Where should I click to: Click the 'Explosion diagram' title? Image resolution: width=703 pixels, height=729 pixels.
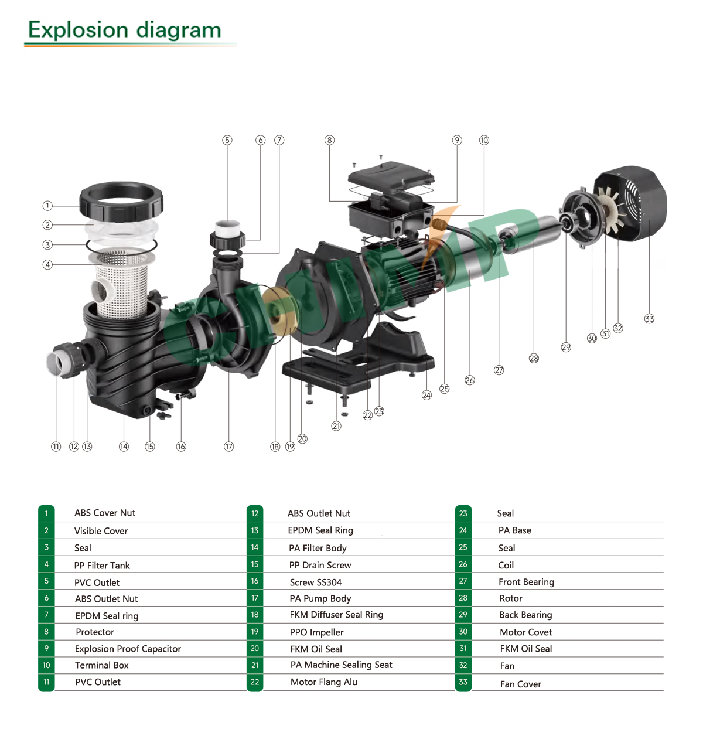(125, 30)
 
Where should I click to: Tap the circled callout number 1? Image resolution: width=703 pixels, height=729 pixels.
(47, 206)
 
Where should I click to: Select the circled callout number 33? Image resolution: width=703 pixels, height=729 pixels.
(649, 319)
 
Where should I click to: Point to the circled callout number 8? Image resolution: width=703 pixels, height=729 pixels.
(329, 140)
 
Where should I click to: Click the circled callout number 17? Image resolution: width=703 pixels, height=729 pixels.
(228, 447)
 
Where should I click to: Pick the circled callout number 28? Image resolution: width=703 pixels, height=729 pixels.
(534, 358)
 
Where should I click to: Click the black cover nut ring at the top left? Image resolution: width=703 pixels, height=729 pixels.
(121, 200)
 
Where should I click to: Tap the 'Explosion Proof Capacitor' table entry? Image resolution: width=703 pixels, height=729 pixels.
(128, 649)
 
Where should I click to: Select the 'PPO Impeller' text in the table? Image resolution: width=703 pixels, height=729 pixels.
(316, 632)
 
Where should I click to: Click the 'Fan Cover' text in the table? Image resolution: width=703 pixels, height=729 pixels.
(520, 684)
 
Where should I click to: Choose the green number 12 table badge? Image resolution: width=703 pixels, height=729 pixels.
(255, 513)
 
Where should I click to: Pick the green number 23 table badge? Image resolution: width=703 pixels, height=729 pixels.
(463, 513)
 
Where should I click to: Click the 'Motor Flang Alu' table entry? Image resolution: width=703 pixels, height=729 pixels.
(323, 682)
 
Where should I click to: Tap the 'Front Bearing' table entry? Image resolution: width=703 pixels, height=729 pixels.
(526, 582)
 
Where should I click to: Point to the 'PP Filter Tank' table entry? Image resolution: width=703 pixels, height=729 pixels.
(102, 566)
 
